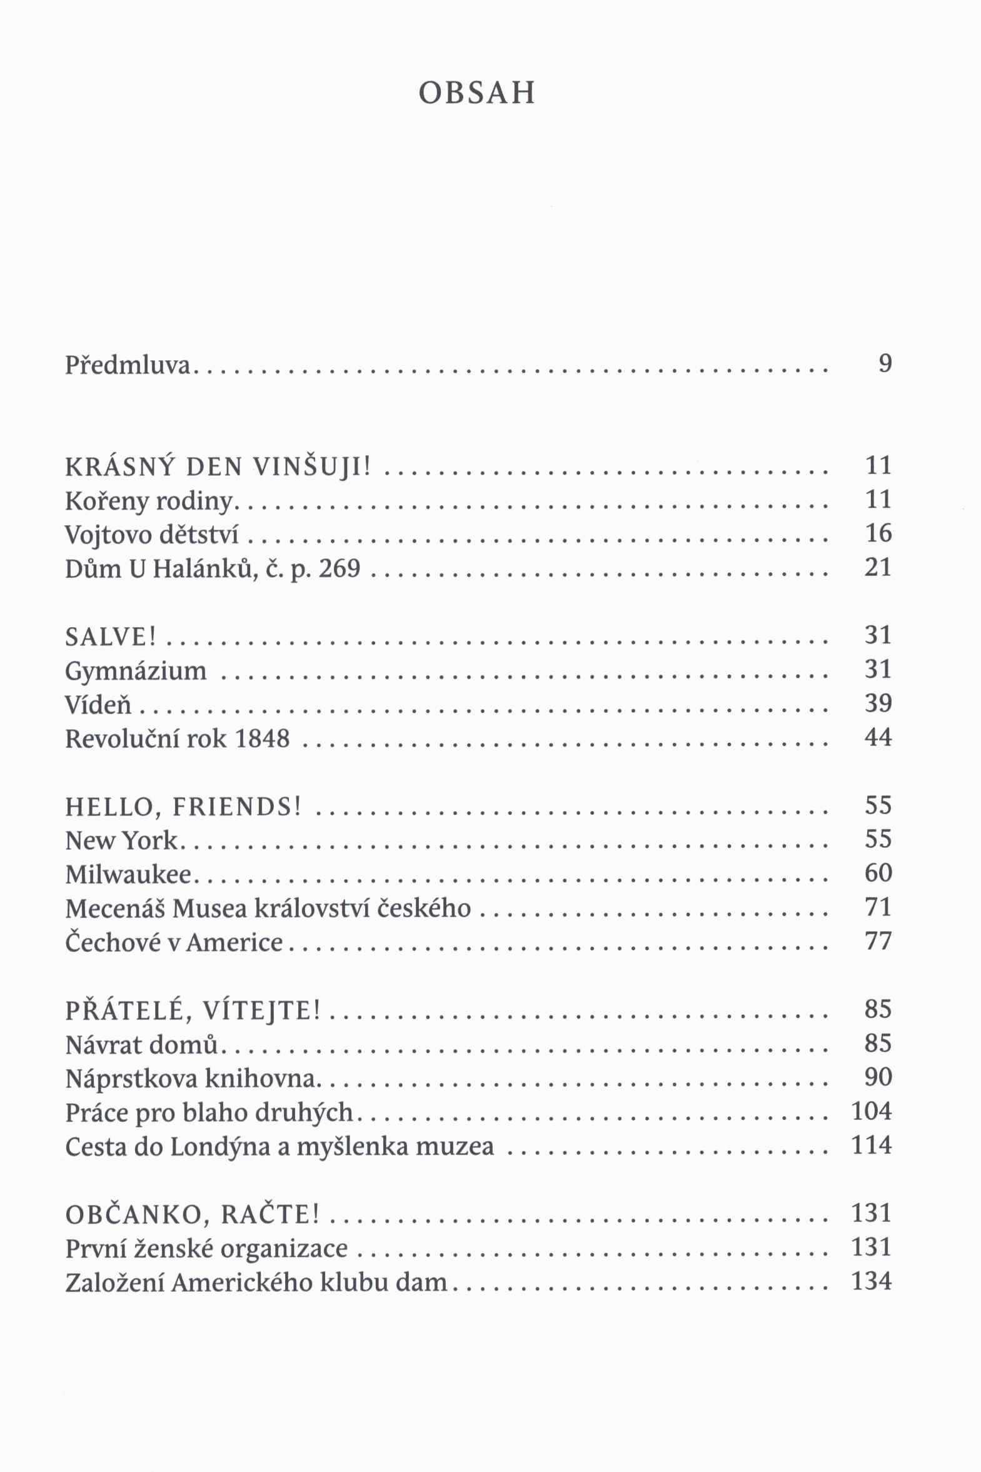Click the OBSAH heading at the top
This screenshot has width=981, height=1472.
(x=476, y=93)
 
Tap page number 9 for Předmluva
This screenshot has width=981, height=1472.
(x=884, y=363)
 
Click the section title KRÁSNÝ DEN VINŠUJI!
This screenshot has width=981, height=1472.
(x=218, y=466)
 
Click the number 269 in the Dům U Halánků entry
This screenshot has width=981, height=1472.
(x=340, y=568)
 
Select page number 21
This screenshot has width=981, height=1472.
(x=877, y=567)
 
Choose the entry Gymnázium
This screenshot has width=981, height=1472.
(x=136, y=671)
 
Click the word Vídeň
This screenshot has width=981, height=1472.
(x=98, y=705)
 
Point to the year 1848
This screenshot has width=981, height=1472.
(x=263, y=739)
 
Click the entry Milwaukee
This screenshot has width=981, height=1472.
(x=128, y=875)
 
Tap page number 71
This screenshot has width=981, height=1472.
(x=877, y=907)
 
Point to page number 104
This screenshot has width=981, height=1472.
(x=871, y=1111)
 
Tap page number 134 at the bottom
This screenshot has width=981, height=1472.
(x=871, y=1281)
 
